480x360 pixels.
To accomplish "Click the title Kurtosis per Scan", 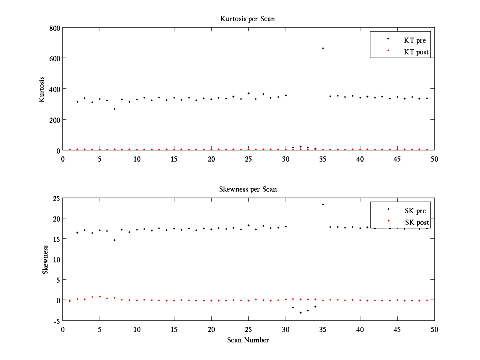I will click(x=248, y=19).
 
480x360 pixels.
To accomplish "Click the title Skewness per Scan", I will click(x=248, y=189).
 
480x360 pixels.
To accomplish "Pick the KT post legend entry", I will click(x=416, y=52).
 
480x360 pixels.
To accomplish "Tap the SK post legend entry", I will click(x=416, y=222).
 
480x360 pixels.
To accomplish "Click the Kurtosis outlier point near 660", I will click(x=323, y=48).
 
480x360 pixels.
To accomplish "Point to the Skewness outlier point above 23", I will click(x=323, y=204).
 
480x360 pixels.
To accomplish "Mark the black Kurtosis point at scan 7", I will click(x=114, y=109).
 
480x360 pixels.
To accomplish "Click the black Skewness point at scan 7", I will click(x=114, y=240).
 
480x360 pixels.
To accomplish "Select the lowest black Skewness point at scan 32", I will click(x=300, y=312).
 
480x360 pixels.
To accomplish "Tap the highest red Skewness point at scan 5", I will click(x=100, y=296).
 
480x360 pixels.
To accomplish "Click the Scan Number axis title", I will click(x=248, y=340).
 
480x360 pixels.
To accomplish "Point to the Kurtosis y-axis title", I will click(x=42, y=89).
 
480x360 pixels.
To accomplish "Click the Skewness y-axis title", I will click(x=45, y=260).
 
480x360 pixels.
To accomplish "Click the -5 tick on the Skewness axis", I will click(x=56, y=320).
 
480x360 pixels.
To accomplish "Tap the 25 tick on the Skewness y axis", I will click(x=56, y=198).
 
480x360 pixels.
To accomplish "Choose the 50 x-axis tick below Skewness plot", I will click(x=434, y=329).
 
